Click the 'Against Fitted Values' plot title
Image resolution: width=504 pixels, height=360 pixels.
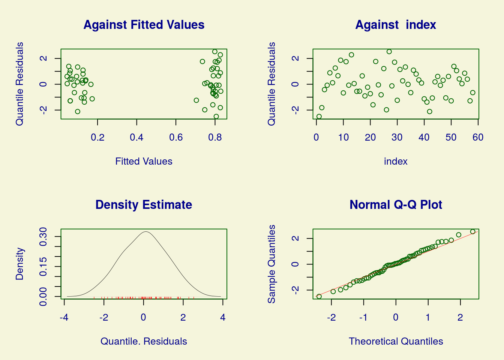144,25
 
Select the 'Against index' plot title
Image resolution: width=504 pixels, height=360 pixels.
396,25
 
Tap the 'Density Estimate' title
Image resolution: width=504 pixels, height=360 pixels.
144,205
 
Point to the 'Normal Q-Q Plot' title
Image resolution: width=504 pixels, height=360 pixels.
396,205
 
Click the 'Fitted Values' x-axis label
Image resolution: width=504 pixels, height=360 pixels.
144,161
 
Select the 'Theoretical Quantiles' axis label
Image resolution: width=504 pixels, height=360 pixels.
396,341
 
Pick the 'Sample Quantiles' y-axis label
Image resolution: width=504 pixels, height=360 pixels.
271,264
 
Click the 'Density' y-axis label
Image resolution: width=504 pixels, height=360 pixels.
19,264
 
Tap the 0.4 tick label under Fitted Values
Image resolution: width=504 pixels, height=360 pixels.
136,137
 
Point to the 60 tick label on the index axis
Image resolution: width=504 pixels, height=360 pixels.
478,137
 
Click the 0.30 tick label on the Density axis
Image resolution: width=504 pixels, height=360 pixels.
43,237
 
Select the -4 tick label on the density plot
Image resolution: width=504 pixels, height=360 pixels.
64,318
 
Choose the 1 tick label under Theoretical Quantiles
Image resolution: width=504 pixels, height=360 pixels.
428,318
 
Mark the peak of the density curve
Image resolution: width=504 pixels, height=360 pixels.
146,231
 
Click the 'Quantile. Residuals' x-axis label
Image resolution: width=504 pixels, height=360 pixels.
144,341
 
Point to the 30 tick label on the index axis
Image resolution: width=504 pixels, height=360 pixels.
397,137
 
